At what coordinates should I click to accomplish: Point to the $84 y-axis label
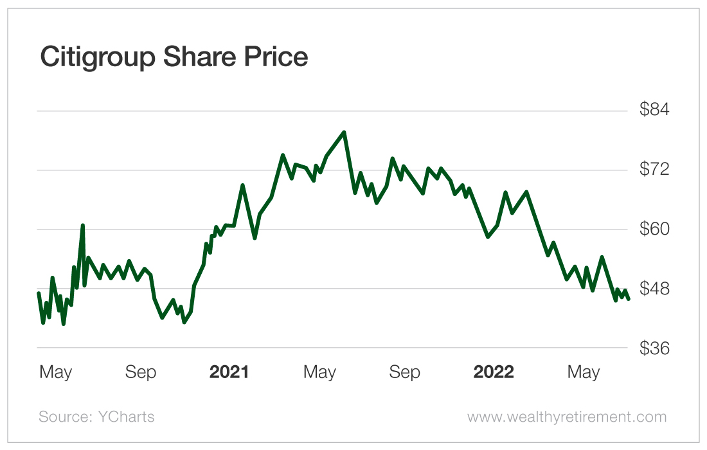point(654,110)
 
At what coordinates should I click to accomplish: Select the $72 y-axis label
point(654,170)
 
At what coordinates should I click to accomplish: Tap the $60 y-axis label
point(654,230)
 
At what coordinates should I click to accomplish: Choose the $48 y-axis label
point(654,289)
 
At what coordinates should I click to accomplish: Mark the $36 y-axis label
point(654,348)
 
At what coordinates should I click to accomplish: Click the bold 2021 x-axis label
point(229,372)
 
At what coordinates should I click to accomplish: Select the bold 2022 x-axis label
point(494,372)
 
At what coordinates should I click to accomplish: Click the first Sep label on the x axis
point(141,372)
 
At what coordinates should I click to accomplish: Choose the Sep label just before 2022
point(405,372)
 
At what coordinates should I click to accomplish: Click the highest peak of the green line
point(345,132)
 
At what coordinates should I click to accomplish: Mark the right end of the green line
point(629,298)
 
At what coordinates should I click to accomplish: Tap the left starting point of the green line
point(39,293)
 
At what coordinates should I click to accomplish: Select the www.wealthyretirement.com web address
point(567,417)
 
